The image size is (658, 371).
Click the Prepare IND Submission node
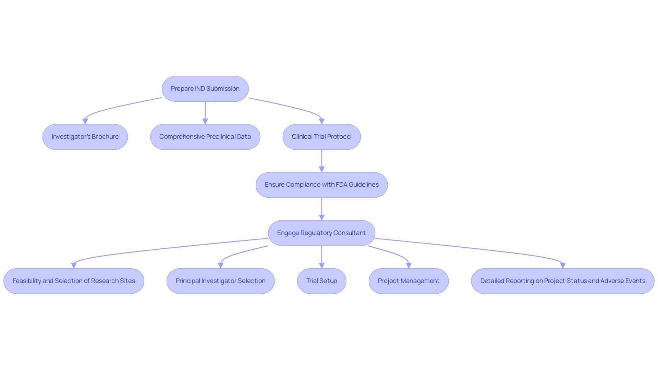205,89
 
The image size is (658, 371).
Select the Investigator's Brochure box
85,137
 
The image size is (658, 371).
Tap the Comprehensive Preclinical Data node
205,137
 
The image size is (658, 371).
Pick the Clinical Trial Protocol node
321,137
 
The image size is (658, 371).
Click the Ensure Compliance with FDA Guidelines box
321,185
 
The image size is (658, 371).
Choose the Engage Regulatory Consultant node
321,233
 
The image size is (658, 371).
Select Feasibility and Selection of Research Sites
74,281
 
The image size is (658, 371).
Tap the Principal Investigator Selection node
220,281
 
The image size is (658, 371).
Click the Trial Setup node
321,281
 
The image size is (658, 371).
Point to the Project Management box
409,281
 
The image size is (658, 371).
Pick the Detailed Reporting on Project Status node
562,281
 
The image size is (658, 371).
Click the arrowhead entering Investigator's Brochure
85,122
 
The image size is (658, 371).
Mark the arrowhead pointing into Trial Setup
321,265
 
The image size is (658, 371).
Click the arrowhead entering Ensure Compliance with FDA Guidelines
321,170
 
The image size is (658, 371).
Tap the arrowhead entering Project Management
409,265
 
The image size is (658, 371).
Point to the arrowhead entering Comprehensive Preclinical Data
205,122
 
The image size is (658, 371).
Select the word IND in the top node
200,89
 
